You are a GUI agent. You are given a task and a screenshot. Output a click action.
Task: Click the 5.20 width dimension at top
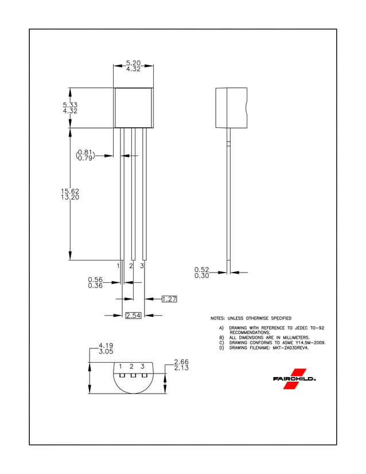(133, 63)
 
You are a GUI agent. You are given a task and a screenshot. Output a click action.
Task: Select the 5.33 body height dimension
(70, 105)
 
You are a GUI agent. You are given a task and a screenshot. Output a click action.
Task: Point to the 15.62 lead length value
(70, 191)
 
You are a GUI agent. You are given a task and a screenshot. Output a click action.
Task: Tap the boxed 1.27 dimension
(169, 299)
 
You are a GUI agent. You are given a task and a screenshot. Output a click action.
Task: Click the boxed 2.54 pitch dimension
(133, 316)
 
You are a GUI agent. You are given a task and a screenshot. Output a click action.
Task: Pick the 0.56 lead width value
(95, 279)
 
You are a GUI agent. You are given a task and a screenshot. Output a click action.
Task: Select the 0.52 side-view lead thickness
(201, 269)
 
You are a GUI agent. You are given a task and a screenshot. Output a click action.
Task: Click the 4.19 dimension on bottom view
(106, 345)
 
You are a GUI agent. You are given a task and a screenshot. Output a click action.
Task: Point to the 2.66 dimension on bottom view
(181, 362)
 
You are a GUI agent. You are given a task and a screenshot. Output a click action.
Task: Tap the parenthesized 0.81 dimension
(85, 152)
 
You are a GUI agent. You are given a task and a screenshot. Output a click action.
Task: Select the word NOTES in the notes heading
(217, 318)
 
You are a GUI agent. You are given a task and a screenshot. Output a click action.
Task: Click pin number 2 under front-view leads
(131, 266)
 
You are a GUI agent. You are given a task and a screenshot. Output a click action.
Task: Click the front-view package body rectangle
(133, 107)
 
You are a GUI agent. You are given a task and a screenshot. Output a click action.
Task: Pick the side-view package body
(231, 107)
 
